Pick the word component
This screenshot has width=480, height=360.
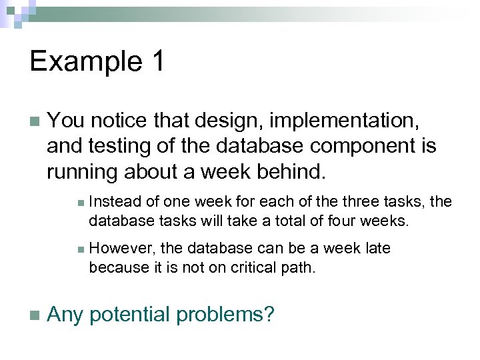[x=364, y=147]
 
